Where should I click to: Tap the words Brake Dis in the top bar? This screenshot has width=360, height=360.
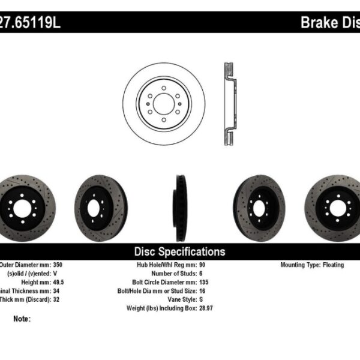coord(329,23)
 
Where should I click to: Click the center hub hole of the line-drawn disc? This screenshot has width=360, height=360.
coord(163,103)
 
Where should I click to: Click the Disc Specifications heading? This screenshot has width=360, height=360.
coord(179,251)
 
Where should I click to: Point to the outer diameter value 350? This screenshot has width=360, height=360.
coord(71,265)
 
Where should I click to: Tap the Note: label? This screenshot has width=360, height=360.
coord(22,319)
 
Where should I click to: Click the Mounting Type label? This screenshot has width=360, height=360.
coord(302,265)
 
